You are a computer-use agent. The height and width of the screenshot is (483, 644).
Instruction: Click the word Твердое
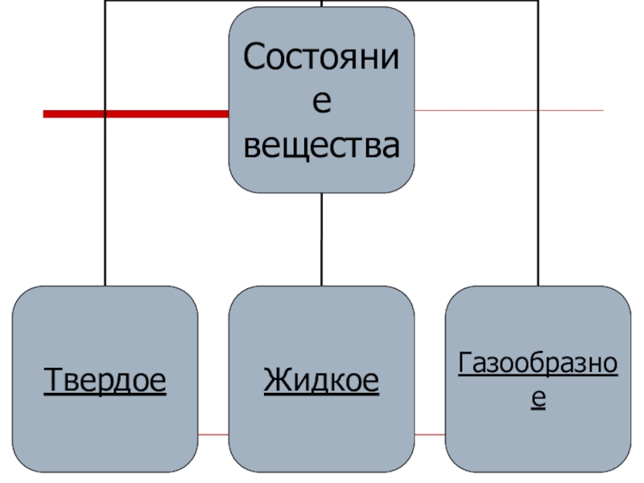(105, 379)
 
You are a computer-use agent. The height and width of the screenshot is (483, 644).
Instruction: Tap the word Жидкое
(322, 379)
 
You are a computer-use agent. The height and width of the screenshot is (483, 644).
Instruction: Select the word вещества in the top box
(322, 147)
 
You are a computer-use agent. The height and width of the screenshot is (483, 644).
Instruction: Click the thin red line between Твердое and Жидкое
(213, 435)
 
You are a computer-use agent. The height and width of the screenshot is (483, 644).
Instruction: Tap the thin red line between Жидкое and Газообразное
(431, 435)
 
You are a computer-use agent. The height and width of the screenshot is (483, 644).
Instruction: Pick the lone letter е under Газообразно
(538, 398)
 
